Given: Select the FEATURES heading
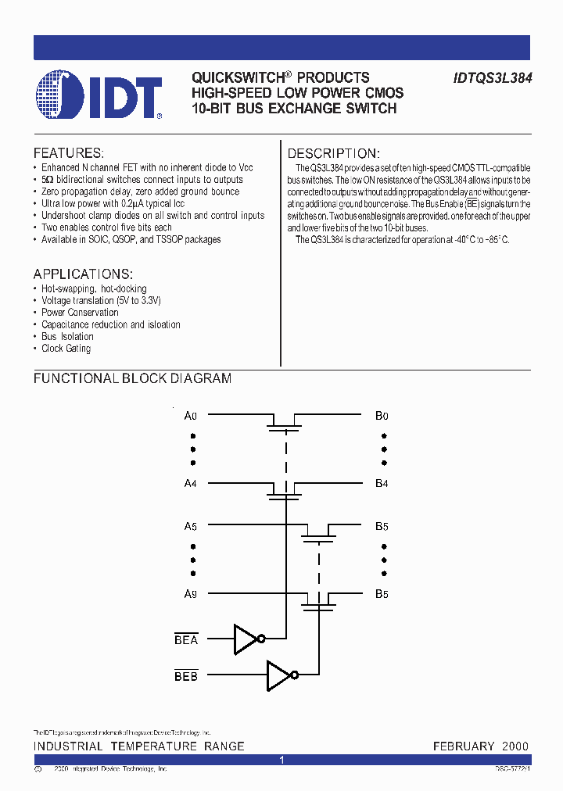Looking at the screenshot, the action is pyautogui.click(x=68, y=153).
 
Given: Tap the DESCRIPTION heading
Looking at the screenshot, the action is pyautogui.click(x=333, y=153).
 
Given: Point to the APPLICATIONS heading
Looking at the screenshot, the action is pyautogui.click(x=83, y=274).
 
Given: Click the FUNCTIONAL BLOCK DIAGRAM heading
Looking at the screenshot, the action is pyautogui.click(x=132, y=378).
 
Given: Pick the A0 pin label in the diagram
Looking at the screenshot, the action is pyautogui.click(x=190, y=416).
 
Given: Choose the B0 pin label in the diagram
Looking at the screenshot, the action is pyautogui.click(x=382, y=416).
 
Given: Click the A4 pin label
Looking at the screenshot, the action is pyautogui.click(x=190, y=484).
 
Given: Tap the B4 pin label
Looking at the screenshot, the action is pyautogui.click(x=382, y=484).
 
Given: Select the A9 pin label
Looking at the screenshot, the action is pyautogui.click(x=190, y=594).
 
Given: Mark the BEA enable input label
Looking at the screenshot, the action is pyautogui.click(x=186, y=640).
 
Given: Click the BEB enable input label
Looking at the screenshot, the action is pyautogui.click(x=186, y=676).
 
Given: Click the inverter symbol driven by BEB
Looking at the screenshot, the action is pyautogui.click(x=281, y=676).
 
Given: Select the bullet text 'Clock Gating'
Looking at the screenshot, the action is pyautogui.click(x=66, y=349).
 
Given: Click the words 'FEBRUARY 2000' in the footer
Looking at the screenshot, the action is pyautogui.click(x=480, y=746).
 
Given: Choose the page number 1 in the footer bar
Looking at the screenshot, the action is pyautogui.click(x=281, y=760).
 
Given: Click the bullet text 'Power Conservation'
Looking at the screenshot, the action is pyautogui.click(x=80, y=313).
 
